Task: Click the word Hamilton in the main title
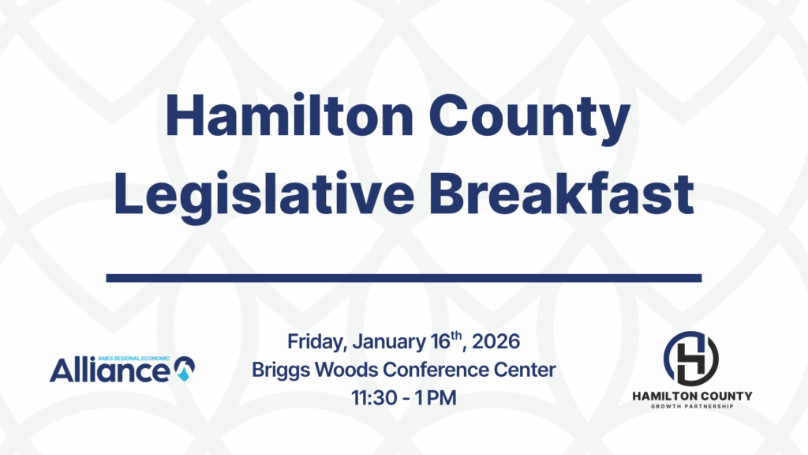pyautogui.click(x=289, y=115)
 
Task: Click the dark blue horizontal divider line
pyautogui.click(x=404, y=278)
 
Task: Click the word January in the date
pyautogui.click(x=389, y=342)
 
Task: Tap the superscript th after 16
pyautogui.click(x=456, y=336)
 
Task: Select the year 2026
pyautogui.click(x=496, y=341)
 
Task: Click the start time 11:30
pyautogui.click(x=374, y=398)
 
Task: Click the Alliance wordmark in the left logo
pyautogui.click(x=110, y=371)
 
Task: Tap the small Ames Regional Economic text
pyautogui.click(x=133, y=358)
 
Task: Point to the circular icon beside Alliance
pyautogui.click(x=185, y=369)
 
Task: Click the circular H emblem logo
pyautogui.click(x=691, y=358)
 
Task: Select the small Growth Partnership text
pyautogui.click(x=692, y=407)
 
